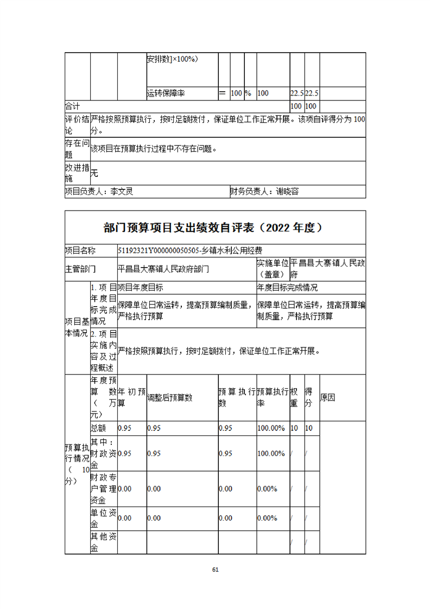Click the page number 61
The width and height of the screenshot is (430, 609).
point(215,569)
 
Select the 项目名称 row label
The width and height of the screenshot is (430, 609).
point(80,250)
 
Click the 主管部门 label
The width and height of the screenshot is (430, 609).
point(80,268)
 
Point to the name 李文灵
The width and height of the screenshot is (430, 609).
point(122,191)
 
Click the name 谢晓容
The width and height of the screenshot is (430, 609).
point(287,191)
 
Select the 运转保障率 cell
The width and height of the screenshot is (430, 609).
point(166,93)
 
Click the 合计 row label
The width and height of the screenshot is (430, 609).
point(72,106)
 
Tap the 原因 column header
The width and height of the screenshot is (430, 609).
point(328,397)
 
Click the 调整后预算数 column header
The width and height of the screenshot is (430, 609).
point(170,397)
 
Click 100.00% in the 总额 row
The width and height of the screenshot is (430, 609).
point(271,428)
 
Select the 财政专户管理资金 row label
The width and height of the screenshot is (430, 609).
point(103,489)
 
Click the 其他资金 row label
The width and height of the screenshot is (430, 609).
point(103,542)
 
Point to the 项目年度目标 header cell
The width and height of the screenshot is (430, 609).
point(141,287)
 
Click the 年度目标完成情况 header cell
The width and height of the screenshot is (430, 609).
point(287,287)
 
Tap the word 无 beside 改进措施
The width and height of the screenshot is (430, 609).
point(94,173)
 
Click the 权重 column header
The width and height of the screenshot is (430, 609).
point(294,397)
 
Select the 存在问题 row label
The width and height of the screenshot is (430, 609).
point(77,149)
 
